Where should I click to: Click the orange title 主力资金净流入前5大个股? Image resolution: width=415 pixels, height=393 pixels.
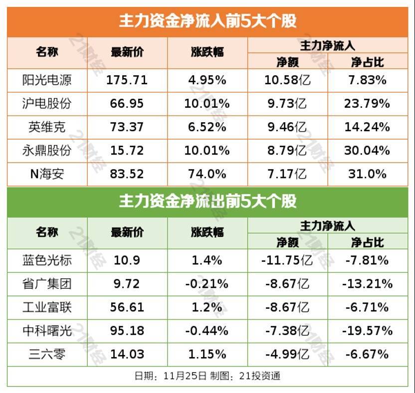[x=207, y=21]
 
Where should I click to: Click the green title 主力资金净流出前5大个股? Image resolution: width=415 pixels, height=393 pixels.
[x=207, y=201]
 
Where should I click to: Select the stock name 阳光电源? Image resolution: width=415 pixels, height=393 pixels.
[x=47, y=80]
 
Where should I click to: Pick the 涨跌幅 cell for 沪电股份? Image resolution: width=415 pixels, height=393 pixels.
[x=207, y=103]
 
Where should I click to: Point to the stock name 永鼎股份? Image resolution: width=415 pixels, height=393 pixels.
[x=47, y=150]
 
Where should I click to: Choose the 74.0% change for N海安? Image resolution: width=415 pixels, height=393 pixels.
[x=207, y=174]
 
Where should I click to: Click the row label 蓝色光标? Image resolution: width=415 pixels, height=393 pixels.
[x=47, y=260]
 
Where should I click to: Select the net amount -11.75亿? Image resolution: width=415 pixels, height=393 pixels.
[x=288, y=260]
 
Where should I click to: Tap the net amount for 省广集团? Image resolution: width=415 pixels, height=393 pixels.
[x=288, y=283]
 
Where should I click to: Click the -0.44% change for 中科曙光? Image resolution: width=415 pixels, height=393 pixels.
[x=207, y=330]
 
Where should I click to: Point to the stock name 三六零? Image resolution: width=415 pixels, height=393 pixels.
[x=47, y=354]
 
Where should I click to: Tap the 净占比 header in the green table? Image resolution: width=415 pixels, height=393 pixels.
[x=367, y=242]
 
